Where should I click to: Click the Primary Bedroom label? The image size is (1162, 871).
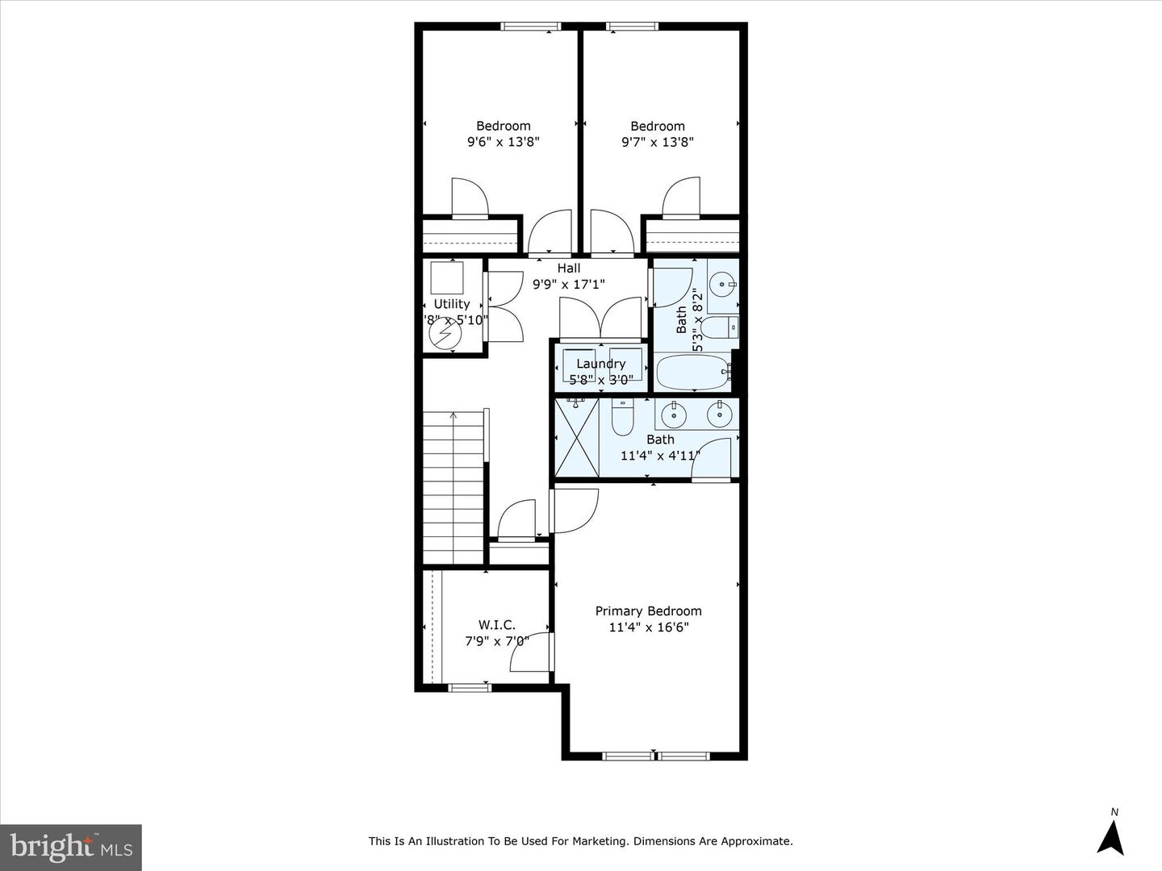(x=648, y=611)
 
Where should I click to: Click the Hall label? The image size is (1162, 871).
(x=568, y=269)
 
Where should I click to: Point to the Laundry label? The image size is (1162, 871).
(x=600, y=364)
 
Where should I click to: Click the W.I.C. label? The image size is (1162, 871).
(x=496, y=625)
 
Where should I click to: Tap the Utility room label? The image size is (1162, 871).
(x=451, y=304)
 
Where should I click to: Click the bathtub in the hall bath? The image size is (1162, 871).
(x=692, y=373)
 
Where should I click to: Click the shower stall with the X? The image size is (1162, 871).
(x=577, y=437)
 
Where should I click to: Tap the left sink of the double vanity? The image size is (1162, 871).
(x=674, y=415)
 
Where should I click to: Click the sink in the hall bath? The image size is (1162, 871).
(x=722, y=283)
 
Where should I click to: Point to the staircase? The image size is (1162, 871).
(x=453, y=488)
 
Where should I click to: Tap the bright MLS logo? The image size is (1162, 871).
(x=71, y=847)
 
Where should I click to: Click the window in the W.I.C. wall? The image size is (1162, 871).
(x=469, y=688)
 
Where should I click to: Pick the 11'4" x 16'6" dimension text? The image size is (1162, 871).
(x=648, y=627)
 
